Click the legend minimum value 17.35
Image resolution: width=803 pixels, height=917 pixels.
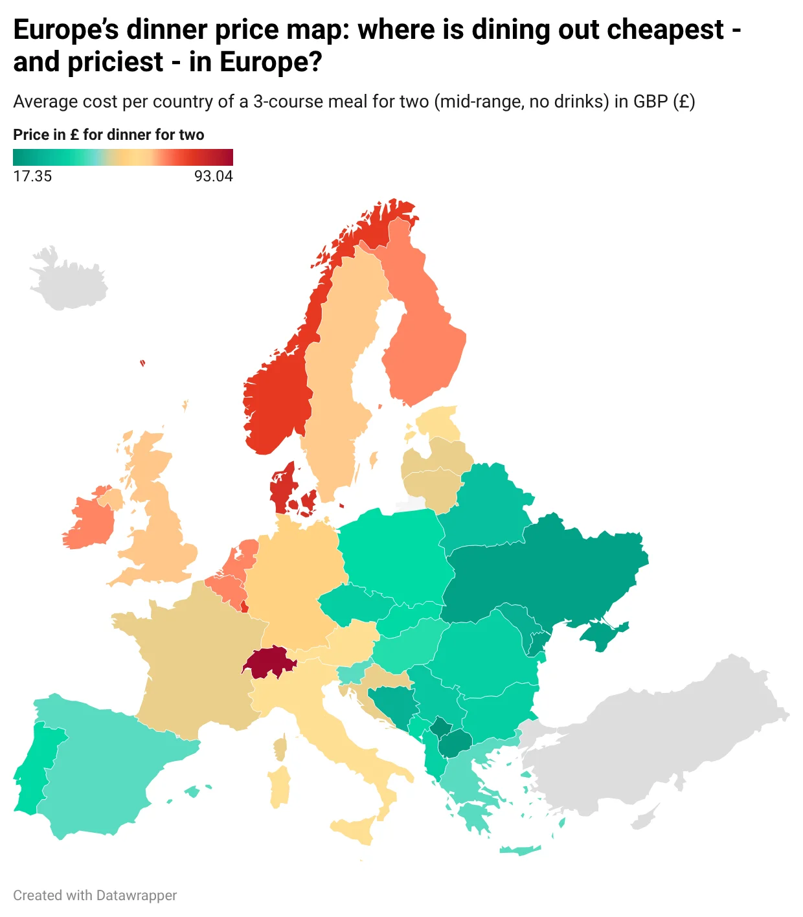pos(32,176)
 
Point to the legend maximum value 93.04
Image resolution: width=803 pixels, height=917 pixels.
pos(213,176)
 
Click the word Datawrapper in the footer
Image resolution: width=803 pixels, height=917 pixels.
pos(136,896)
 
